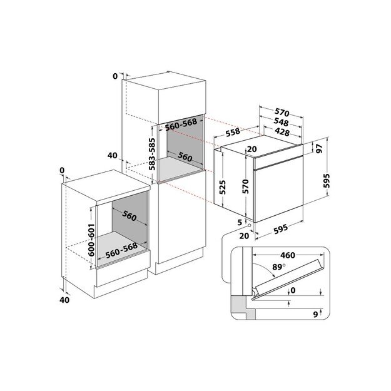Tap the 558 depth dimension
click(233, 133)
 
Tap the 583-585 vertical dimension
click(152, 154)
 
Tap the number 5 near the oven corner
click(240, 221)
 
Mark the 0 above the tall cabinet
click(115, 76)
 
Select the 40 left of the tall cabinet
click(112, 155)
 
